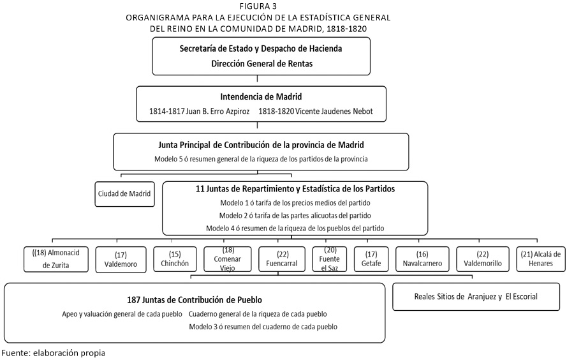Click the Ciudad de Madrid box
click(x=125, y=194)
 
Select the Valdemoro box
click(x=121, y=259)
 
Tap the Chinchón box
click(x=175, y=259)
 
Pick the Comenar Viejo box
click(x=228, y=259)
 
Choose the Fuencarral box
click(x=282, y=259)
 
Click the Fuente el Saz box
click(x=330, y=259)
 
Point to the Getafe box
click(x=371, y=259)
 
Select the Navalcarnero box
click(x=422, y=259)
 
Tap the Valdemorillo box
click(x=483, y=259)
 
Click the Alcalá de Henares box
click(x=541, y=259)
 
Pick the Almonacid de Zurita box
click(x=56, y=259)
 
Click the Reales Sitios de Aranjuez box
click(x=476, y=297)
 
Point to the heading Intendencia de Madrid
click(x=261, y=96)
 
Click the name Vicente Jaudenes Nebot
click(x=334, y=111)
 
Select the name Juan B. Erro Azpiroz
click(x=217, y=111)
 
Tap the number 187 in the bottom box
click(x=133, y=300)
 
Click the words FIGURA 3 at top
click(x=258, y=6)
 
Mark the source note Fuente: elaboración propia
click(x=53, y=353)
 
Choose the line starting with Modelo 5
click(x=261, y=159)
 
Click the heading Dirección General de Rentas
click(x=261, y=64)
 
